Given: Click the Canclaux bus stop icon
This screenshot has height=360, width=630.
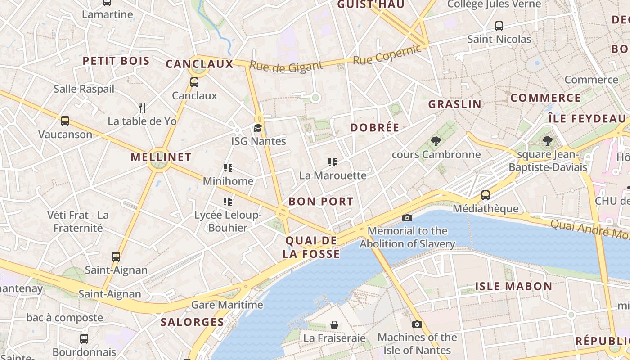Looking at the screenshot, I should coord(194,82).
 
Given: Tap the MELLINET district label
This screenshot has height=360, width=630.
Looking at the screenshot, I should coord(161,157).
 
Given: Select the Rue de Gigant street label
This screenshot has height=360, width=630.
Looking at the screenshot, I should coord(286,67).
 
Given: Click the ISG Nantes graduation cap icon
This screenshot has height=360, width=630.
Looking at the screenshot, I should coord(258,128).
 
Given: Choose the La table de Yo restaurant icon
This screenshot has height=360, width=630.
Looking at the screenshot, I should coord(142,108).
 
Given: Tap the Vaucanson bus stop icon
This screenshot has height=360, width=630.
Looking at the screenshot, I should coord(65,121).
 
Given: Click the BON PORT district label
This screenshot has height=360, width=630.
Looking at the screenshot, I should coord(321,201).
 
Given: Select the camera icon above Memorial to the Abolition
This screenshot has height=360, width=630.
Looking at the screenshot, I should coord(407,218).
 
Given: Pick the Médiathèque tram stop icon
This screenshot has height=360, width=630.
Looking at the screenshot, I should coord(486,195).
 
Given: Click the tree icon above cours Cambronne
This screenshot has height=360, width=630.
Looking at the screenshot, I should coord(436,141).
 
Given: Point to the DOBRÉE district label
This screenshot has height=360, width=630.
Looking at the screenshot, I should coord(375,127).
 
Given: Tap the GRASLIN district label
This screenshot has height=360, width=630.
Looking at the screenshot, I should coord(454,104).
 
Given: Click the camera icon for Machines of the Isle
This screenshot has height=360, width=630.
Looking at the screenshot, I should coord(417,324).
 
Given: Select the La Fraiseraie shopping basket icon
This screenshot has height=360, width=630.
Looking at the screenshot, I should coord(334,324).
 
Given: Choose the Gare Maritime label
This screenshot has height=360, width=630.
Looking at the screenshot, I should coord(227,305).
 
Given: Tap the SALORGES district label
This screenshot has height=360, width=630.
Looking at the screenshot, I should coord(192,322).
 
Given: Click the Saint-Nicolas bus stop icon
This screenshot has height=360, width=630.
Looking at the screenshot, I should coord(499,26).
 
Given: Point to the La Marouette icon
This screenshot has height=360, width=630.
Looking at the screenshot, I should coord(333,162).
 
